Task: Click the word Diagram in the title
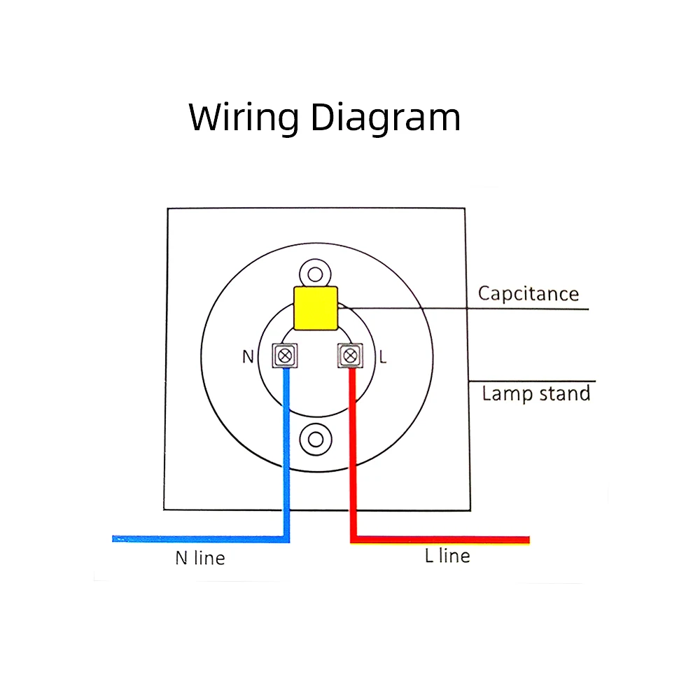point(386,118)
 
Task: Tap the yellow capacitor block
point(316,307)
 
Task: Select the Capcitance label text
point(528,293)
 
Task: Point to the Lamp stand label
point(536,393)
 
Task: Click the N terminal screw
point(284,356)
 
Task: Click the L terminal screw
point(350,356)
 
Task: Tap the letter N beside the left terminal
point(248,356)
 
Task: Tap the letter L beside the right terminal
point(382,356)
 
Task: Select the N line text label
point(200,558)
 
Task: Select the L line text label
point(447,556)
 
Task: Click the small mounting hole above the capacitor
point(315,273)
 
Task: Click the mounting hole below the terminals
point(315,439)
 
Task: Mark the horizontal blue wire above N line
point(196,538)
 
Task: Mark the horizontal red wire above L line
point(441,540)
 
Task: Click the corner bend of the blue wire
point(286,538)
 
